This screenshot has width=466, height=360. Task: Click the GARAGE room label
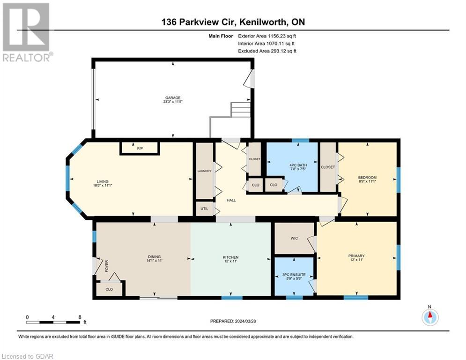[x=173, y=98]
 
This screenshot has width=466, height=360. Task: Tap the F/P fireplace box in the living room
[x=140, y=149]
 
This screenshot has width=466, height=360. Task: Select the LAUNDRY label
[x=204, y=171]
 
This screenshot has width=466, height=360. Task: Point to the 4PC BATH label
[x=292, y=164]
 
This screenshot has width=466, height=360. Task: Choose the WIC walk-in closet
[x=294, y=239]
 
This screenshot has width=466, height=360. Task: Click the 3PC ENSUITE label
[x=294, y=274]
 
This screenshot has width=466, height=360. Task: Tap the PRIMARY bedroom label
[x=356, y=256]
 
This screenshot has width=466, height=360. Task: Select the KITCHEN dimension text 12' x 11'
[x=230, y=262]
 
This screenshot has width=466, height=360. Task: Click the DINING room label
[x=154, y=256]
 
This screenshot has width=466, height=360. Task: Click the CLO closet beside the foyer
[x=109, y=289]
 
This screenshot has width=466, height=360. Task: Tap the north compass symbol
[x=429, y=317]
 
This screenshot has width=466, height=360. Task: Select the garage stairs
[x=241, y=110]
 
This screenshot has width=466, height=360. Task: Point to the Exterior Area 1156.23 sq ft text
[x=267, y=35]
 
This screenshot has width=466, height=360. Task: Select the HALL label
[x=230, y=200]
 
